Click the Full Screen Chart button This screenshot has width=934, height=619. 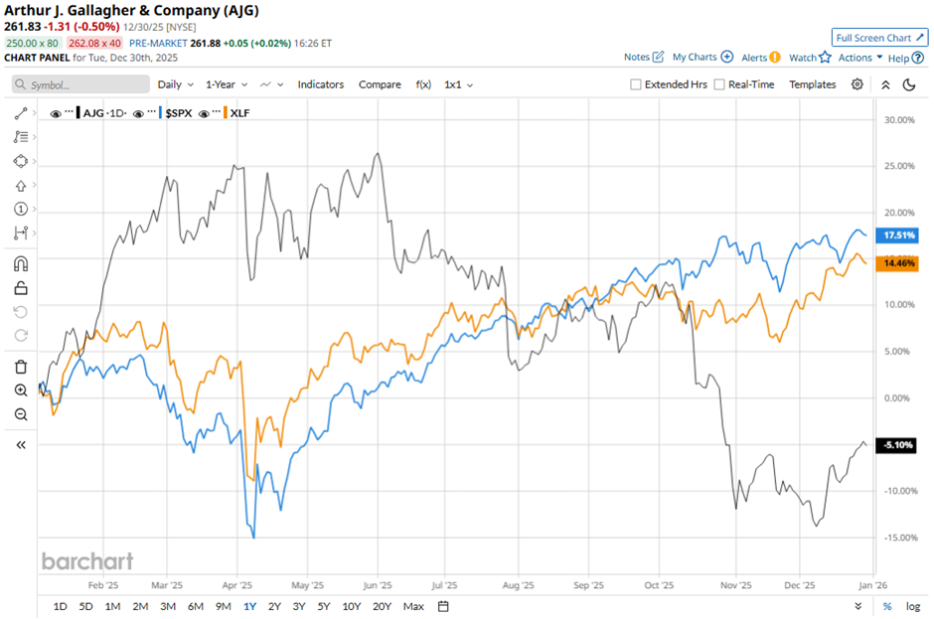(879, 38)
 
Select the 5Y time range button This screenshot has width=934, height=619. (323, 606)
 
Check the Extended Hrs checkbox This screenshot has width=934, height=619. (636, 84)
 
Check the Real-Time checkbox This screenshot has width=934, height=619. (719, 84)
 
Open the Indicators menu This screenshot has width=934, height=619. (321, 84)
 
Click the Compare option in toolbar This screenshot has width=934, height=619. (380, 84)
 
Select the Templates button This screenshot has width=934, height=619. (813, 84)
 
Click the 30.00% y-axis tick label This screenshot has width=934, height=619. (898, 120)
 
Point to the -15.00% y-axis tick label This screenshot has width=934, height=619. (896, 538)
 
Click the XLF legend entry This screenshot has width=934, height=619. (239, 113)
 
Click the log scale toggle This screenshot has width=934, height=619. (913, 606)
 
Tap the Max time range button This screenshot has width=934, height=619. (413, 606)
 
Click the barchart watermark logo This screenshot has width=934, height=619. (87, 561)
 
